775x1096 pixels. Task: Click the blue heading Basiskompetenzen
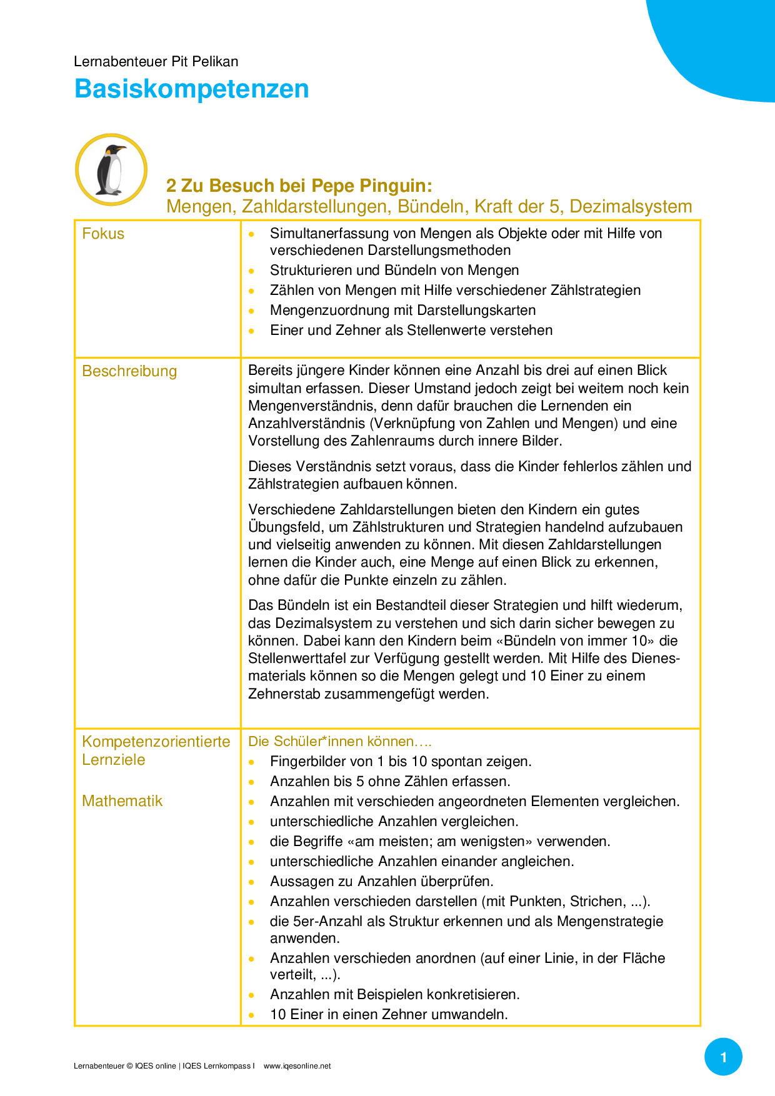191,89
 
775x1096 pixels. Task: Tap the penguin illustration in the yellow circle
111,169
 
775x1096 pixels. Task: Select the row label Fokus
103,234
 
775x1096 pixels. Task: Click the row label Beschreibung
129,371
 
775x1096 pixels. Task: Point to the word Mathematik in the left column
122,801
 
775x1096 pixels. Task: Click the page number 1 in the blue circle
723,1057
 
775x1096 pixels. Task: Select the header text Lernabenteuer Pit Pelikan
156,61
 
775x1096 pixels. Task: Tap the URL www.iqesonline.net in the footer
297,1066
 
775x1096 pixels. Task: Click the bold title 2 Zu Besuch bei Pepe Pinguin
299,186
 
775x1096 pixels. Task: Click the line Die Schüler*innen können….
339,742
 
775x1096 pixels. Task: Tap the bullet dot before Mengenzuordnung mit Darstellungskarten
251,311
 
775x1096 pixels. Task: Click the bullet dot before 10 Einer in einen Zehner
251,1015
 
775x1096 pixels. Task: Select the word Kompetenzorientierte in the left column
156,742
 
